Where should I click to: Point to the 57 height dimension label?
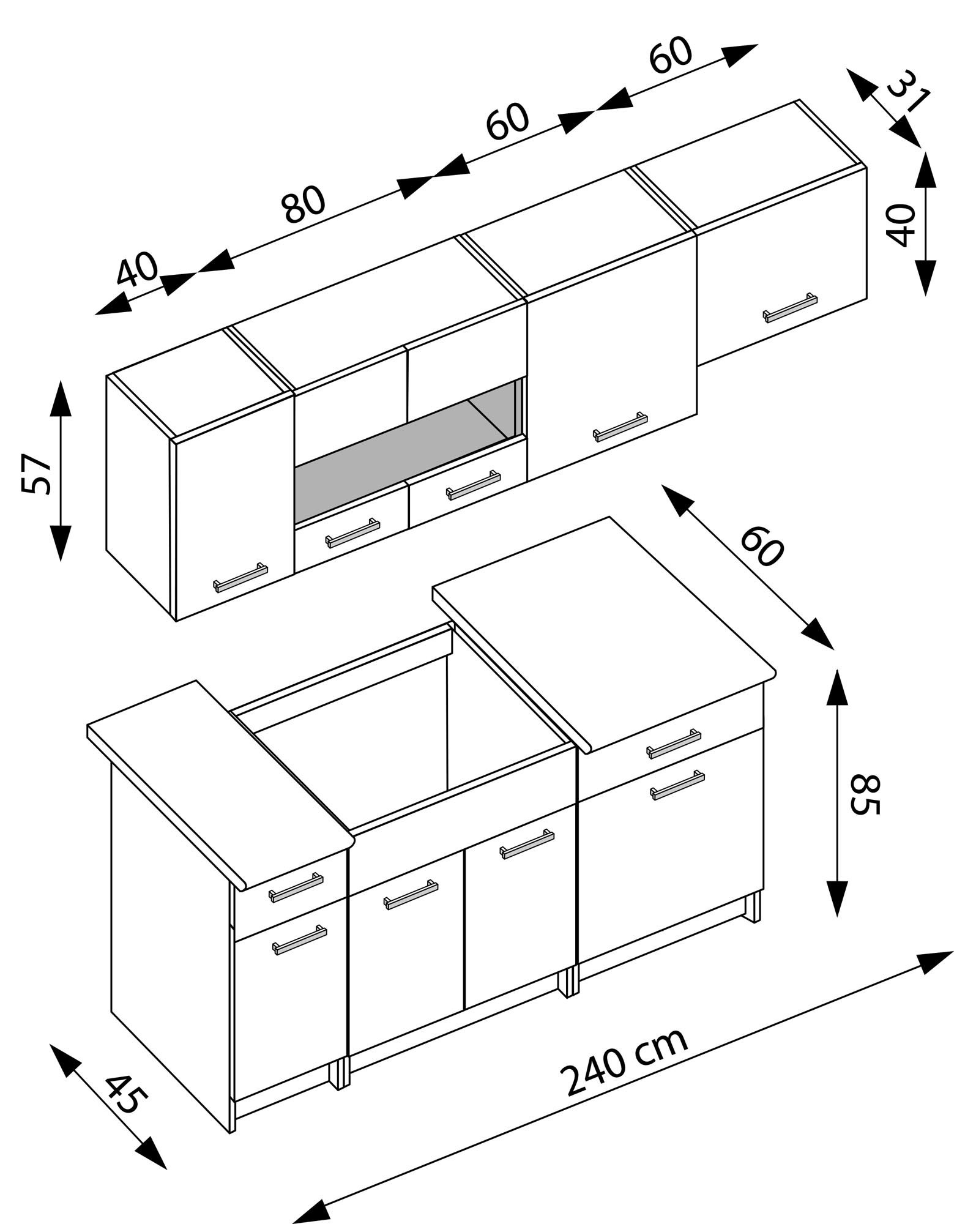click(x=35, y=474)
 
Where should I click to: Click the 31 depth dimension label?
click(x=909, y=91)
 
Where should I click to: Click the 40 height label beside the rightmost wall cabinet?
click(x=901, y=225)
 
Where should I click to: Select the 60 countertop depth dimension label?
click(x=762, y=547)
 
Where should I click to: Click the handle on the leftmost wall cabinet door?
click(x=240, y=577)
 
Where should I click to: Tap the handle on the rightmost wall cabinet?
click(x=790, y=308)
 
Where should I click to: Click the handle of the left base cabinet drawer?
click(x=296, y=887)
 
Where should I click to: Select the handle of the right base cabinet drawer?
click(x=674, y=744)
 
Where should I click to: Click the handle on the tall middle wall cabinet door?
click(x=620, y=427)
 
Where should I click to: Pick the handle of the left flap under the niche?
click(x=352, y=533)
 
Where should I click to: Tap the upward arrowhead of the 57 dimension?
click(x=60, y=398)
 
